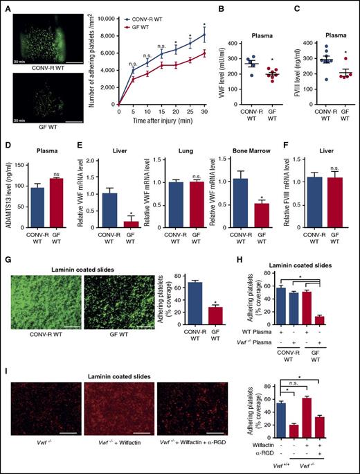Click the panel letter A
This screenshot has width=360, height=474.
[x=7, y=6]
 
